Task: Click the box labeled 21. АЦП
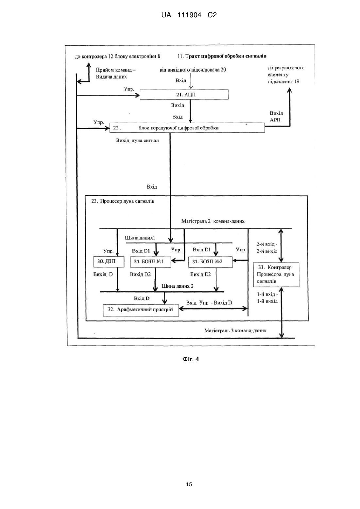[x=184, y=94]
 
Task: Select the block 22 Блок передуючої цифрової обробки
[x=187, y=128]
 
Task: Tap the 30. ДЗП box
[x=109, y=262]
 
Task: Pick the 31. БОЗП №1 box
[x=150, y=262]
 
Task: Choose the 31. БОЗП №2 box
[x=211, y=262]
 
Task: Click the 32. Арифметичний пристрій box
[x=141, y=310]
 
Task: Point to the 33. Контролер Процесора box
[x=276, y=275]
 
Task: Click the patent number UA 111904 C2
[x=189, y=15]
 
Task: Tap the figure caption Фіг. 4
[x=191, y=359]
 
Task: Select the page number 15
[x=189, y=484]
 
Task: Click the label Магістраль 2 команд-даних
[x=213, y=221]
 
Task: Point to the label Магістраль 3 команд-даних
[x=235, y=331]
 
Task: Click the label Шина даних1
[x=140, y=238]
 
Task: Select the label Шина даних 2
[x=178, y=286]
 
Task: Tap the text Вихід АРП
[x=276, y=116]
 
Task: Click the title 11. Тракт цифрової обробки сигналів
[x=222, y=56]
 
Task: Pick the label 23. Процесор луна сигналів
[x=123, y=201]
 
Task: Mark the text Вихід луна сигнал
[x=137, y=141]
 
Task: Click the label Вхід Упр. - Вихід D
[x=209, y=303]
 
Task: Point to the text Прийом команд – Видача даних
[x=116, y=73]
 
